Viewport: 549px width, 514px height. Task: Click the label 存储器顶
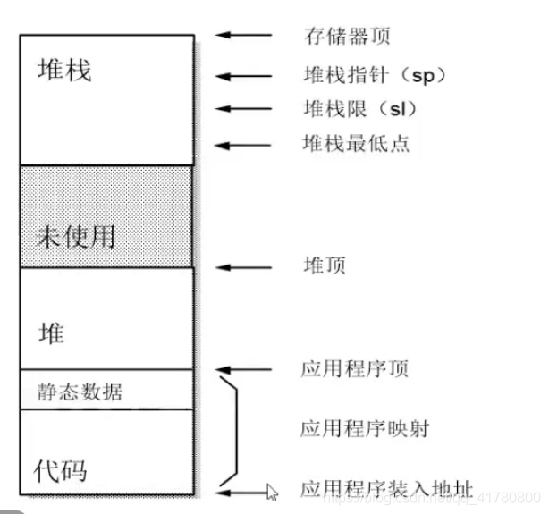point(348,37)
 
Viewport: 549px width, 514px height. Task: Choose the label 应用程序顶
point(355,369)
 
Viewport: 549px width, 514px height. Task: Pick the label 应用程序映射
point(365,429)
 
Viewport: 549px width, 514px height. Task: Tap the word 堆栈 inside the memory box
point(64,71)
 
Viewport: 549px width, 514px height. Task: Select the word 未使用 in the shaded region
point(76,236)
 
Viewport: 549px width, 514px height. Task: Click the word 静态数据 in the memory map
point(80,392)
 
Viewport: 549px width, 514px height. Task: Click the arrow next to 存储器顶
point(243,36)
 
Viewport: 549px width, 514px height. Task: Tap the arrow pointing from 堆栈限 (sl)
point(243,109)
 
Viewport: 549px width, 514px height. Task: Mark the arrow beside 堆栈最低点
point(243,143)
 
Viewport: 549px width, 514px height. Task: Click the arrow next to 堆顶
point(243,266)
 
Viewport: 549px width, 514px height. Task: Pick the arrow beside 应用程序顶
point(243,369)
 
